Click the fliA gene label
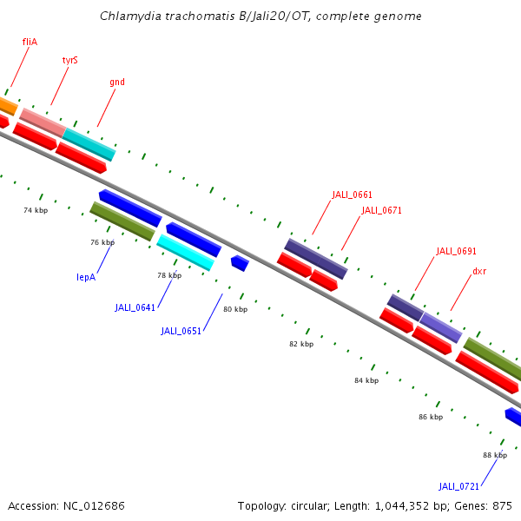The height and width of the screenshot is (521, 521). coord(30,41)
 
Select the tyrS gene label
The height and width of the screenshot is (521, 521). coord(70,61)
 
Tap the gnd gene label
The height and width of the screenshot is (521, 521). coord(117,82)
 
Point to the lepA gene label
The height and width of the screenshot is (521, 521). coord(86,278)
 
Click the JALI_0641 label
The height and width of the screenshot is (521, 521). coord(135,307)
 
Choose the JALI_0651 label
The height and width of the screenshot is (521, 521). coord(181,331)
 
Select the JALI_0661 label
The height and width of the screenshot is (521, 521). coord(352,195)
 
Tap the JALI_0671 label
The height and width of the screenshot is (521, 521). coord(381,210)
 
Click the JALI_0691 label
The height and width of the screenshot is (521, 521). coord(456,251)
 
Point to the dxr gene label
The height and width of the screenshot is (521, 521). coord(479,271)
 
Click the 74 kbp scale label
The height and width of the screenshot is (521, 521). coord(36,211)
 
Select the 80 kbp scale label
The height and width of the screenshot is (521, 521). coord(235,309)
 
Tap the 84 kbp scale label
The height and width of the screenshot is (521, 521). coord(366,380)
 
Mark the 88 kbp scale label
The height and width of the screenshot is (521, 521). coord(495,455)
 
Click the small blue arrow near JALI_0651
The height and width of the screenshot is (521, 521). coord(240,262)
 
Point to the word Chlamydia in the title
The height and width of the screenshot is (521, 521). coord(128,16)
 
